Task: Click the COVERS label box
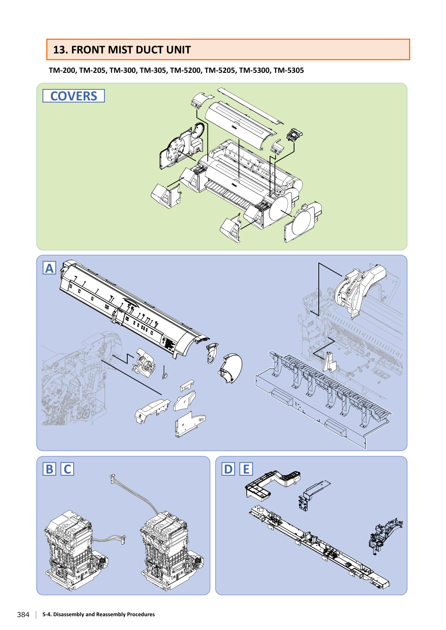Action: pyautogui.click(x=73, y=96)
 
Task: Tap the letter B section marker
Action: pyautogui.click(x=49, y=469)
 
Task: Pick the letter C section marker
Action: pyautogui.click(x=67, y=469)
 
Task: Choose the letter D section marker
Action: pyautogui.click(x=228, y=469)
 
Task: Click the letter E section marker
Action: pyautogui.click(x=246, y=469)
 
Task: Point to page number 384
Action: pyautogui.click(x=23, y=614)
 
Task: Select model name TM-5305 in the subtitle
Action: pyautogui.click(x=289, y=70)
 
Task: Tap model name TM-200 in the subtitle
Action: pyautogui.click(x=62, y=70)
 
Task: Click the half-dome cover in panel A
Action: pyautogui.click(x=231, y=368)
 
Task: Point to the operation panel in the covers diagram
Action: pyautogui.click(x=294, y=135)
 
